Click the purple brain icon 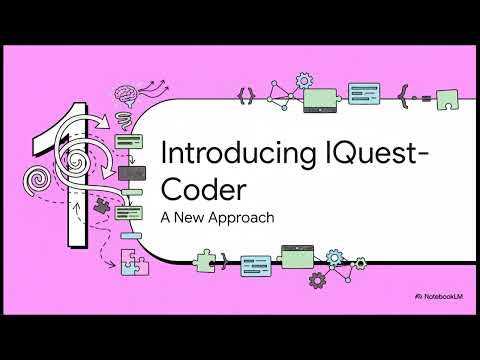[x=127, y=95]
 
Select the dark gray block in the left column [x=132, y=174]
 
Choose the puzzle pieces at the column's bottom [x=133, y=263]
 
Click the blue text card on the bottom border [x=256, y=265]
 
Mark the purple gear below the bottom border [x=317, y=281]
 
